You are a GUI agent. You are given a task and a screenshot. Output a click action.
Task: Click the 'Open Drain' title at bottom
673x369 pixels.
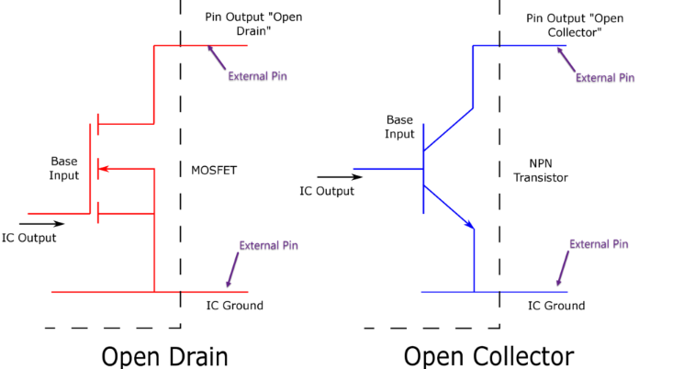tap(164, 355)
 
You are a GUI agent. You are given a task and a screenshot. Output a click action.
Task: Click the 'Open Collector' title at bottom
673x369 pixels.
tap(488, 355)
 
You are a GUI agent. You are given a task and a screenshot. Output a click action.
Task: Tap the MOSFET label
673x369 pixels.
tap(214, 170)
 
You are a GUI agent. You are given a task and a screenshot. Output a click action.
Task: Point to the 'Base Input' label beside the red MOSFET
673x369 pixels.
tap(64, 167)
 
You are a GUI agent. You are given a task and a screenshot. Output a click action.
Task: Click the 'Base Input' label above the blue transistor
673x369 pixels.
tap(400, 127)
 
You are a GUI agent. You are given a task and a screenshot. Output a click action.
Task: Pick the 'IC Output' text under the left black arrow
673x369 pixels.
tap(28, 238)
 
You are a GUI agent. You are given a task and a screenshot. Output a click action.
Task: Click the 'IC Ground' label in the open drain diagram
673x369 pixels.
tap(234, 306)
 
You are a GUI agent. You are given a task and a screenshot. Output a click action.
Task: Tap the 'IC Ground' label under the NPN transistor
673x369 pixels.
tap(555, 306)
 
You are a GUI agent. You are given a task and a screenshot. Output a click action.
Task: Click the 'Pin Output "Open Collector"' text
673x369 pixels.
tap(563, 25)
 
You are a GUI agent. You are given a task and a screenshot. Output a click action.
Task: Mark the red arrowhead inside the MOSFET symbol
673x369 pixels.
tap(103, 169)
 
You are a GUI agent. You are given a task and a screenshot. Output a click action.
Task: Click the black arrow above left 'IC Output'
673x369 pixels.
tap(42, 223)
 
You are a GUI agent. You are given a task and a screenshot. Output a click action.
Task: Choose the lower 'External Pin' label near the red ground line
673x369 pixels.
tap(268, 246)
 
